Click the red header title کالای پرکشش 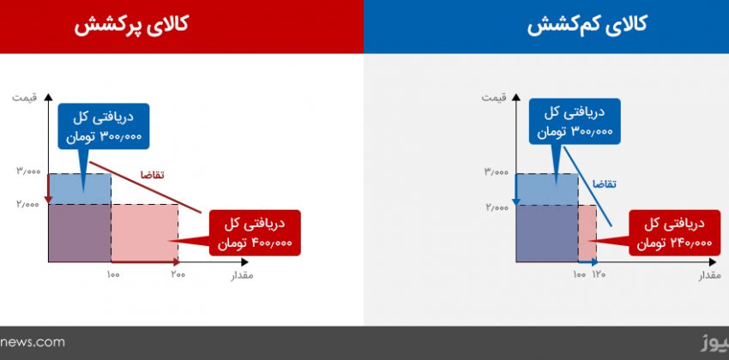131,25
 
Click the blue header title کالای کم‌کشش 587,25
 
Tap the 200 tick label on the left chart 178,274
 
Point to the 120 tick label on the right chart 599,274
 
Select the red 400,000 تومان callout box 255,233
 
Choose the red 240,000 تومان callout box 674,233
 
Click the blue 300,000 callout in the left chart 104,126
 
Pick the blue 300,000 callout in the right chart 575,122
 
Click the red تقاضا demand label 153,175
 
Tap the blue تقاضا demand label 604,184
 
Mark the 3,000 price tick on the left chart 29,171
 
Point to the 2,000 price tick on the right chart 497,207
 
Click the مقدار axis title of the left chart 242,275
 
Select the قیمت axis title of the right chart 494,98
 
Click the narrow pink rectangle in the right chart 587,234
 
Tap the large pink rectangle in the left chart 145,233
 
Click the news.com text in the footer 32,343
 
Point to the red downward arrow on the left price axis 48,189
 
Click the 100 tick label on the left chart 113,274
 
